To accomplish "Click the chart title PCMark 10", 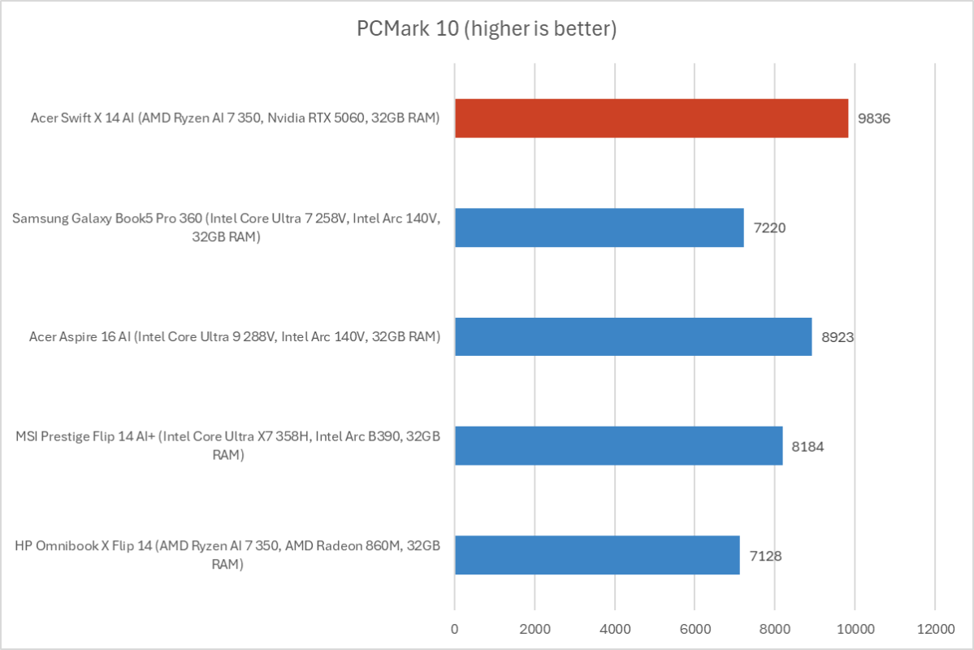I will point(487,29).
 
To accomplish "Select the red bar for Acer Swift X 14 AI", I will point(651,119).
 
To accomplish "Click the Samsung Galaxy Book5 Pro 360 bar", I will point(599,227).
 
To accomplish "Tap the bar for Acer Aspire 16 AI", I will point(633,336).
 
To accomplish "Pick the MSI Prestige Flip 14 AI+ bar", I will point(618,445).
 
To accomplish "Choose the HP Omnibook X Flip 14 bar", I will point(597,555).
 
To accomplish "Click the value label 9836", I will point(874,119).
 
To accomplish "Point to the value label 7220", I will point(769,227).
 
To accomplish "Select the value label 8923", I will point(838,336).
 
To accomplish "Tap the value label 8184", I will point(808,445).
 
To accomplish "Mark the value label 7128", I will point(765,555).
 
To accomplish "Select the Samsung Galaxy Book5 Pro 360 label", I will point(227,227).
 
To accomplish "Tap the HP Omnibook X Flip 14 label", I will point(227,555).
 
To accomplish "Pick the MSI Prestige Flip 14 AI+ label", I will point(227,445).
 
